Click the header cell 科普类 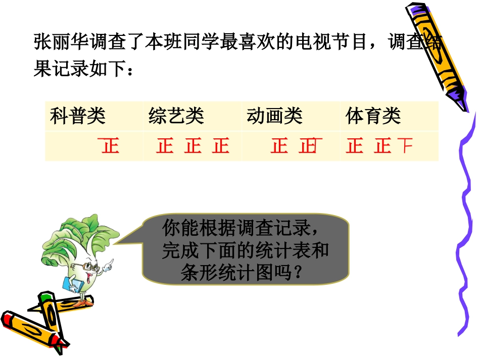click(78, 117)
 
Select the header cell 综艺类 click(176, 117)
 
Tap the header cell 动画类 click(274, 117)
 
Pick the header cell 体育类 click(373, 117)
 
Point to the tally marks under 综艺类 click(193, 146)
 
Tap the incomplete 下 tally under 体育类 click(405, 146)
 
